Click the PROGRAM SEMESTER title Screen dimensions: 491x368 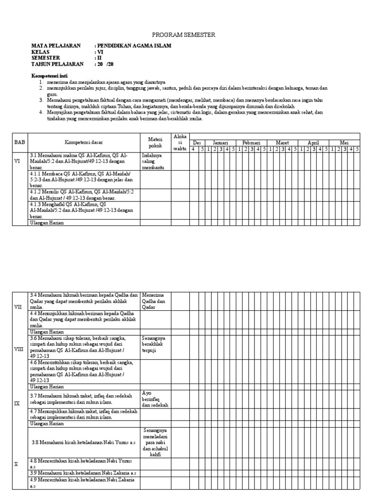coord(184,35)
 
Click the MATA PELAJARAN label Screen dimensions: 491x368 coord(56,46)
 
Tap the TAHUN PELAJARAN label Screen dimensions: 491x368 coord(57,64)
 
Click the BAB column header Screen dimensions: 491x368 coord(19,142)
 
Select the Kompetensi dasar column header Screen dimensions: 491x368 coord(84,142)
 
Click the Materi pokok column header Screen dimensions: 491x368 coord(155,142)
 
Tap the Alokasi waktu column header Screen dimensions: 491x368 coord(180,142)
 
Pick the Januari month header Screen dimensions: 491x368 coord(220,143)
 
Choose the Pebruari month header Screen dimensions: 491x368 coord(251,143)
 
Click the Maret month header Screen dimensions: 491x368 coord(282,143)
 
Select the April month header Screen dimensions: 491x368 coord(312,143)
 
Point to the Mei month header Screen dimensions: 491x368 coord(344,143)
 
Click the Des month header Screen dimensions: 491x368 coord(195,143)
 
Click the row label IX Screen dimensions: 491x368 coord(17,404)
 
